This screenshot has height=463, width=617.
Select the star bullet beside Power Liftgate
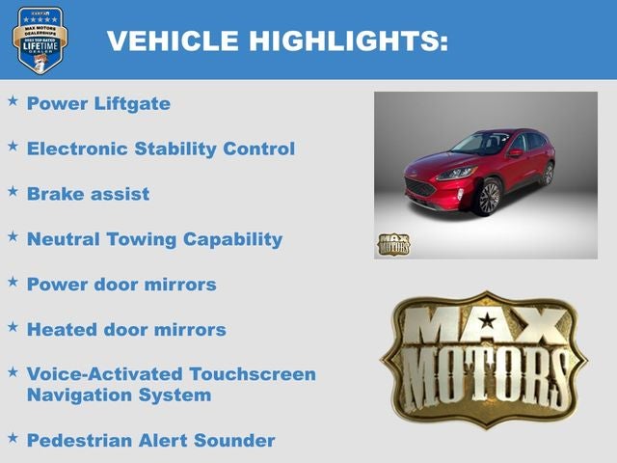pyautogui.click(x=13, y=100)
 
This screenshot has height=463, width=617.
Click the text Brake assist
pyautogui.click(x=88, y=194)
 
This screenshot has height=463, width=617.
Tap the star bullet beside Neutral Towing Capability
pyautogui.click(x=13, y=236)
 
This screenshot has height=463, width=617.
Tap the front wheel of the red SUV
pyautogui.click(x=487, y=197)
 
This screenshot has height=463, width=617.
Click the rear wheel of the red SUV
pyautogui.click(x=547, y=174)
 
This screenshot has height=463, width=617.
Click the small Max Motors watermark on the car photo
pyautogui.click(x=393, y=244)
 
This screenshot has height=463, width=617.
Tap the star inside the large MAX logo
pyautogui.click(x=488, y=320)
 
